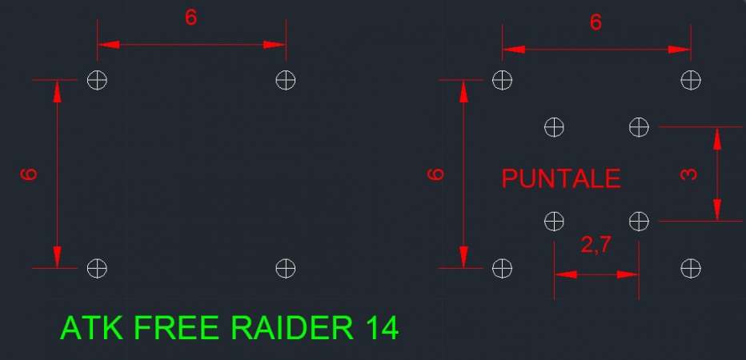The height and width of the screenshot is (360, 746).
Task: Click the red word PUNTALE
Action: [561, 179]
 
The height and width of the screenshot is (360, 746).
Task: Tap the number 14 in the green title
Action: [382, 327]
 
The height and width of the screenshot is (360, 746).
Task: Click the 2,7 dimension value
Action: [596, 246]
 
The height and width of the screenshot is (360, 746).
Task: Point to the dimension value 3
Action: [688, 174]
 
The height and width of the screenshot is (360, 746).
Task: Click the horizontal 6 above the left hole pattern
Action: [191, 18]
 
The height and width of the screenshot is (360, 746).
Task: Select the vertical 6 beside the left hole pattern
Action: [29, 174]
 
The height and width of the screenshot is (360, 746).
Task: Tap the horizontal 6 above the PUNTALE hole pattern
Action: [596, 22]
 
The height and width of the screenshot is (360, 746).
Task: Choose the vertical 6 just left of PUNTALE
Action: [435, 174]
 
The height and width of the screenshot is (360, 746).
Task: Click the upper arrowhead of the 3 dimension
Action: [717, 138]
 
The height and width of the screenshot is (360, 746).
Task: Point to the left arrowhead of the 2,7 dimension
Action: [566, 274]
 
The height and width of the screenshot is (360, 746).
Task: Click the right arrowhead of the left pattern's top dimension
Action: [274, 45]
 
